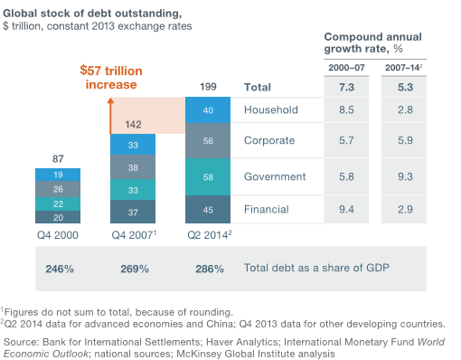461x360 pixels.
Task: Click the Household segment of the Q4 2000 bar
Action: coord(58,175)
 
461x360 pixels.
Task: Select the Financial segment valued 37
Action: coord(133,212)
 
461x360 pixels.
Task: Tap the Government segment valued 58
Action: coord(208,177)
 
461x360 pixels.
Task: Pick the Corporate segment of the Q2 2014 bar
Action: coord(208,141)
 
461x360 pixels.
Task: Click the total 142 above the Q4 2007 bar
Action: coord(133,125)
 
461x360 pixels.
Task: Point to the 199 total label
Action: coord(208,87)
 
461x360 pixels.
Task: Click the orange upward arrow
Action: coord(110,116)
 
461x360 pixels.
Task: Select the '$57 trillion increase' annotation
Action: coord(111,78)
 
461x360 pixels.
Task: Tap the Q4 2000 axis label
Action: coord(58,235)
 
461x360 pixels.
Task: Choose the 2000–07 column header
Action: coord(346,68)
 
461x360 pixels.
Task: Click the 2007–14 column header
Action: coord(403,68)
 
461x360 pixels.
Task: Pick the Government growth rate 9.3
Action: coord(405,176)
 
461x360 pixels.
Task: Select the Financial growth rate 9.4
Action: coord(346,210)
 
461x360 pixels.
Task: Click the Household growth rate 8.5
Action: coord(346,110)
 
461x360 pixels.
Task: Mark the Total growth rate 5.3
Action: coord(405,88)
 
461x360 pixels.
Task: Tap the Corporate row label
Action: coord(269,140)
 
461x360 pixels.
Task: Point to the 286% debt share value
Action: coord(210,269)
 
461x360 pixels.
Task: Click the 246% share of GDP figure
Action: coord(60,269)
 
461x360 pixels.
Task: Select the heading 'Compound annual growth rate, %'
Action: coord(373,43)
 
